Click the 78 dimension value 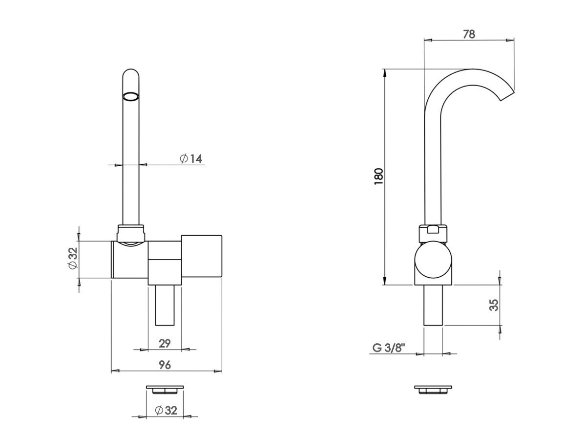[x=469, y=34]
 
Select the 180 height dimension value [x=379, y=176]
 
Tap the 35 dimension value [x=494, y=305]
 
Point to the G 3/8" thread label [x=389, y=348]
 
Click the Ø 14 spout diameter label [x=191, y=158]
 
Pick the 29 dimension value [x=165, y=344]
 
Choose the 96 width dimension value [x=165, y=365]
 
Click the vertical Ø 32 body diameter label [x=73, y=258]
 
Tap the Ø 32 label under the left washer [x=166, y=410]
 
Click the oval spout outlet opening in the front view [x=131, y=96]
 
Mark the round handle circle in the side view [x=433, y=260]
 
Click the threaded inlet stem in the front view [x=165, y=305]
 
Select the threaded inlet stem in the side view [x=433, y=305]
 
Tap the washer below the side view [x=433, y=390]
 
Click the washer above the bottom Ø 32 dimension [x=165, y=390]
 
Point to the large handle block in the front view [x=202, y=256]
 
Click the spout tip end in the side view [x=507, y=96]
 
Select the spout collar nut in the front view [x=131, y=234]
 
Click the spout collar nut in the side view [x=433, y=234]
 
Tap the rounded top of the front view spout [x=131, y=69]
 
